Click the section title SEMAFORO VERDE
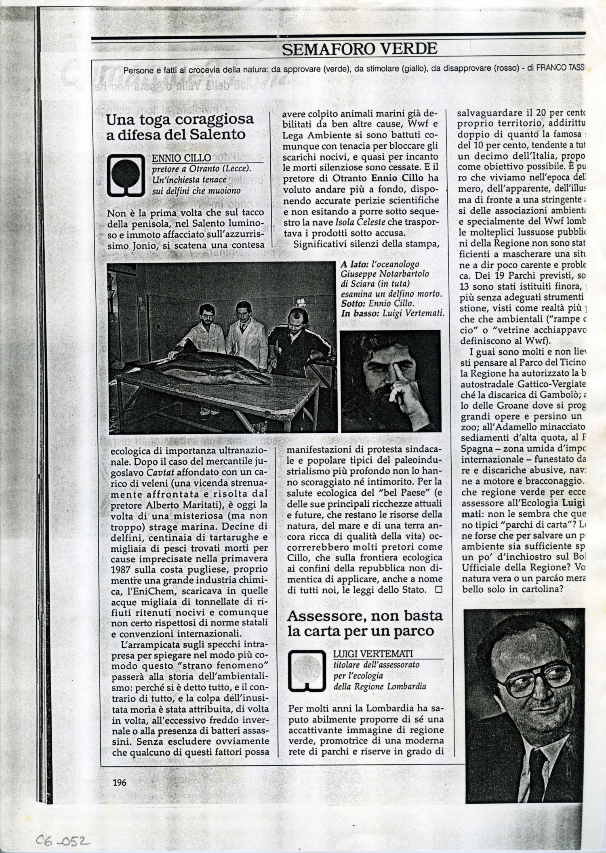tap(360, 49)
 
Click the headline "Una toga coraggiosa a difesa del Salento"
tap(179, 126)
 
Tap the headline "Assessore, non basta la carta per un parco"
tap(365, 623)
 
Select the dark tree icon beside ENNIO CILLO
tap(126, 174)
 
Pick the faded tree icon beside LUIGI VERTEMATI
tap(307, 671)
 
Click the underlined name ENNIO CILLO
tap(181, 158)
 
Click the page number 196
tap(120, 783)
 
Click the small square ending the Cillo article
tap(438, 590)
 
